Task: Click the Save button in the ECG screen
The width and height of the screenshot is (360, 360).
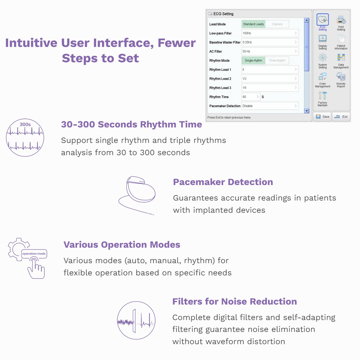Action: (x=322, y=117)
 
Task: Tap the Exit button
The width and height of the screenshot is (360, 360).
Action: (x=341, y=117)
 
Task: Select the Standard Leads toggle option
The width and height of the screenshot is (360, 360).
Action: (x=253, y=24)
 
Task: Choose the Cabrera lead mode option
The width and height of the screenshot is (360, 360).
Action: (x=277, y=24)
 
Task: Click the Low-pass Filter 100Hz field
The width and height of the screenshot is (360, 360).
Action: (x=270, y=33)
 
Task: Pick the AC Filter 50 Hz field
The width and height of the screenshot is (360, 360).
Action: (x=270, y=51)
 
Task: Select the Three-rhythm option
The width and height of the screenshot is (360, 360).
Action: (x=277, y=60)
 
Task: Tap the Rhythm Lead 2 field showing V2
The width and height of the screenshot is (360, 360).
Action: (x=270, y=78)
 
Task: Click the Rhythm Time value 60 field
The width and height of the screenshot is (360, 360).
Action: (x=251, y=97)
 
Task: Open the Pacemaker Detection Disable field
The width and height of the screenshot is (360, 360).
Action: (x=270, y=106)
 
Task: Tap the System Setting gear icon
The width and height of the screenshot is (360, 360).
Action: (x=323, y=58)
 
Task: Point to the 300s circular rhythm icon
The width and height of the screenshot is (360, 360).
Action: (x=25, y=138)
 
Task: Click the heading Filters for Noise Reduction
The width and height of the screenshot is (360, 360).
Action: (x=234, y=301)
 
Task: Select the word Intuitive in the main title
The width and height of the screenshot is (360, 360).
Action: (x=31, y=43)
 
